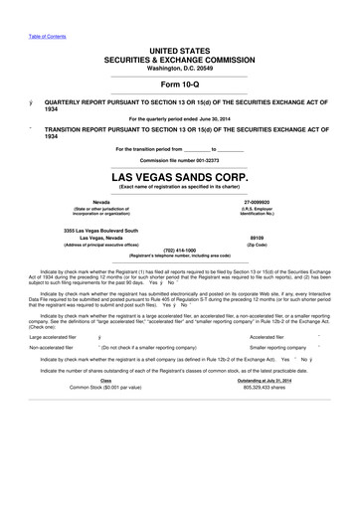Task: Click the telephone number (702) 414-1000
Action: (x=179, y=251)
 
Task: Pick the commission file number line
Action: (x=180, y=159)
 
